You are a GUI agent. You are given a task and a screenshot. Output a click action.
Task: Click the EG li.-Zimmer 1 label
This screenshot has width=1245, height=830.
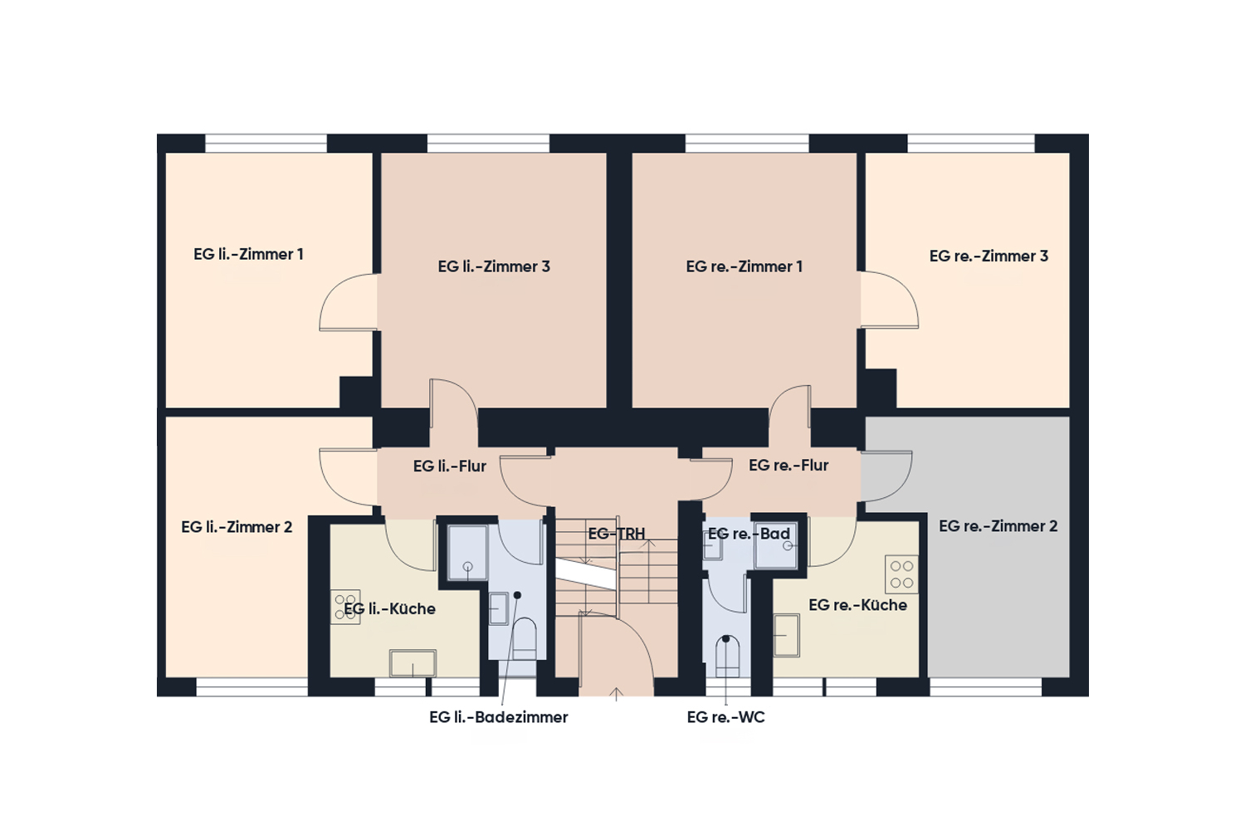coord(248,255)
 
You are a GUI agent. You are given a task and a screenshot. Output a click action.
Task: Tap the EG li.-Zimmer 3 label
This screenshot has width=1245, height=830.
coord(494,267)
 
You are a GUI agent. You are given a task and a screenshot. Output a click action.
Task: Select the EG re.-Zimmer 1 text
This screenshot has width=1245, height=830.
coord(745,267)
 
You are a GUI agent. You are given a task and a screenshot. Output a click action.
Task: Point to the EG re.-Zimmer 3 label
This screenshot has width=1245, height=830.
coord(989,256)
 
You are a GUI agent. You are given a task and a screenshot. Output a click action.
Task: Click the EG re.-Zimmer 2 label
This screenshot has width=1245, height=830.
coord(998,526)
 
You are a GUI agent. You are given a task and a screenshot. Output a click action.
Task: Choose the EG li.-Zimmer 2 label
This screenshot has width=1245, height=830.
coord(237,527)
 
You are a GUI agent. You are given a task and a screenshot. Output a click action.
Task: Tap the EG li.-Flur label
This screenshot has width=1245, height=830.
coord(450,466)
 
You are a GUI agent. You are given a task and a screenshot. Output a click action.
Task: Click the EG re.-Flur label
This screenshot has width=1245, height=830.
coord(788,465)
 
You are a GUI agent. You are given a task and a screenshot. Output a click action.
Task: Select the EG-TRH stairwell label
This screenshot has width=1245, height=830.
coord(617,534)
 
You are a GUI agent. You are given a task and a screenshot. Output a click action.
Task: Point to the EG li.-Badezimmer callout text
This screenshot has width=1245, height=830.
coord(499,717)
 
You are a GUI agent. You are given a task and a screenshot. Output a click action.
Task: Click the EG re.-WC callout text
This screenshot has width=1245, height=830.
coord(726,717)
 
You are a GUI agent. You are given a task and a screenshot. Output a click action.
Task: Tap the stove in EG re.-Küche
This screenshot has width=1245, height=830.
coord(901,574)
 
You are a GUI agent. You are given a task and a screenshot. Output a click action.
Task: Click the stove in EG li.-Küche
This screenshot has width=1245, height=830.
coord(346,607)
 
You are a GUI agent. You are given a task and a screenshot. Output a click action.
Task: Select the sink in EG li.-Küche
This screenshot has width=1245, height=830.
coord(413,663)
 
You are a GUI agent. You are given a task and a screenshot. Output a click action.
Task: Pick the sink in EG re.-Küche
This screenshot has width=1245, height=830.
coord(787,636)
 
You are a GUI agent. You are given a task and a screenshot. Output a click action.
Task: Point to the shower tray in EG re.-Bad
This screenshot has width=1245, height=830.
coord(775,544)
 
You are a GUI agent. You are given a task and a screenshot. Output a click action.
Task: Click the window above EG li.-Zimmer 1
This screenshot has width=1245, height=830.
coord(266,143)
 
